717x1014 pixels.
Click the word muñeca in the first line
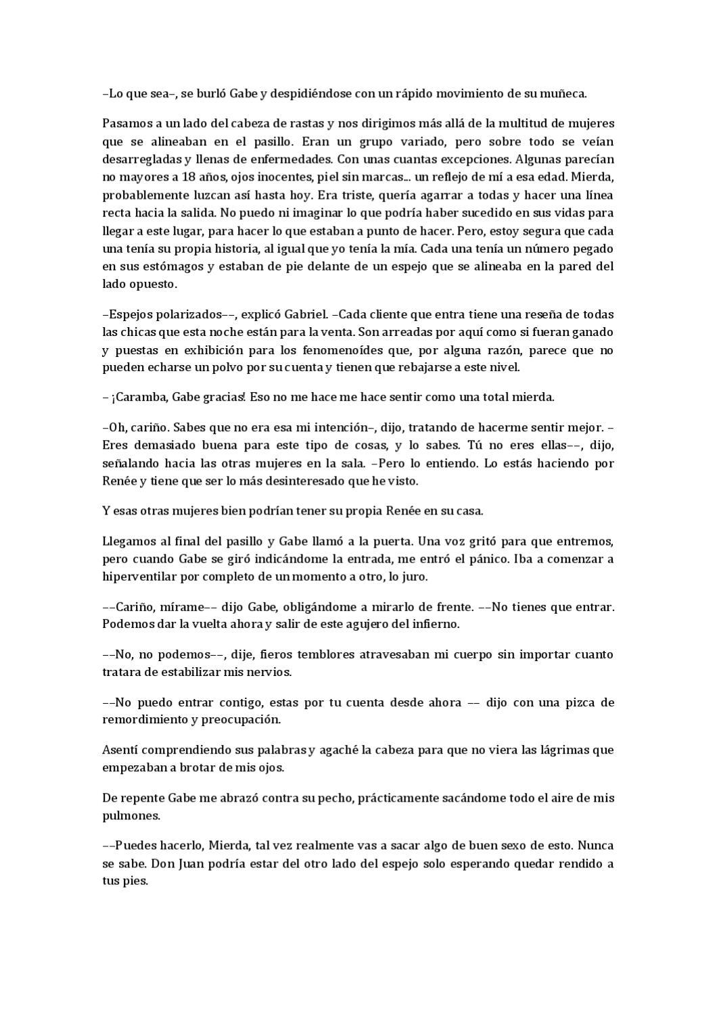[563, 94]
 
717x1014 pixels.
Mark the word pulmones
[131, 815]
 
